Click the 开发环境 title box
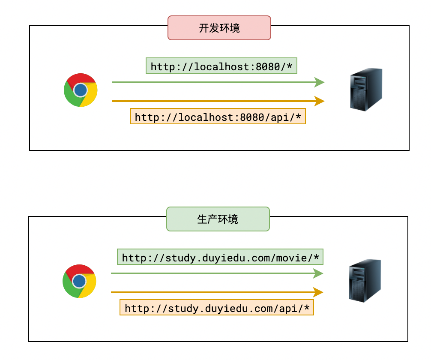[x=219, y=28]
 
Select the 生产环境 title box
[x=218, y=219]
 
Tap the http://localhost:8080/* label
[x=221, y=66]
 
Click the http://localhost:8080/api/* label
[x=218, y=117]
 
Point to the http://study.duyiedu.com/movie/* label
[x=220, y=257]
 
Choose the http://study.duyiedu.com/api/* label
[x=217, y=308]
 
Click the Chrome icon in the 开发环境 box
[x=81, y=90]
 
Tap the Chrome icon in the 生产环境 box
[x=79, y=281]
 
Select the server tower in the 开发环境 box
[x=366, y=90]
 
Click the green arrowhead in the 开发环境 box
[x=320, y=82]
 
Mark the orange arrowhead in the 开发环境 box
[x=320, y=101]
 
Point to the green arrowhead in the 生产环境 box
[x=318, y=273]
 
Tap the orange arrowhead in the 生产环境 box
[x=318, y=292]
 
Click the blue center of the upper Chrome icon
[x=80, y=90]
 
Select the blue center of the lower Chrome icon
[x=79, y=281]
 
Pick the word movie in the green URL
[x=295, y=258]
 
